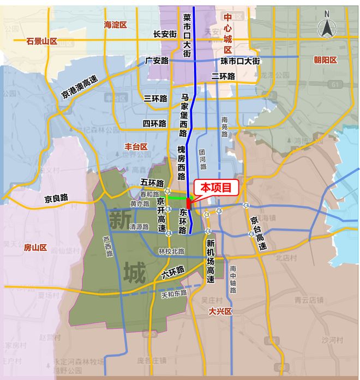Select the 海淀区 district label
pos(115,25)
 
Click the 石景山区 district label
pos(42,41)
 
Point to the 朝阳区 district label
pos(326,59)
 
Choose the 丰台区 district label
pos(136,147)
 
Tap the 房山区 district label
pos(35,248)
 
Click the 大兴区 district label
pos(220,311)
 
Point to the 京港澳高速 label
pos(80,88)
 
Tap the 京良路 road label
pos(56,198)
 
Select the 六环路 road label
pos(173,271)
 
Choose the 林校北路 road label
pos(171,251)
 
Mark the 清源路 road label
pos(139,227)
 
